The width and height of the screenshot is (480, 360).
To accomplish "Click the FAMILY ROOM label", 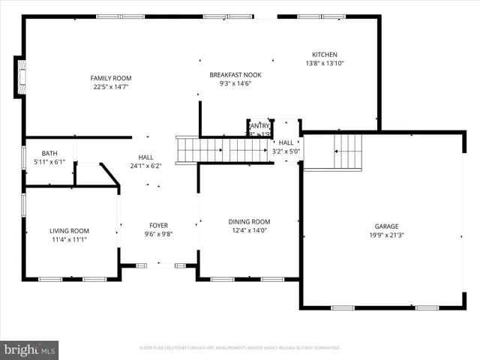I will [x=111, y=78].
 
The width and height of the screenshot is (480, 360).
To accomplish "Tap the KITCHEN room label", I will [x=325, y=55].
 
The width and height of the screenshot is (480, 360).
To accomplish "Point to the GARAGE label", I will [x=386, y=226].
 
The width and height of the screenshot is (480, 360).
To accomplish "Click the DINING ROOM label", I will [x=249, y=222].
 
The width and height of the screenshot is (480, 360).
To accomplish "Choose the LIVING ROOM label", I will [x=70, y=231].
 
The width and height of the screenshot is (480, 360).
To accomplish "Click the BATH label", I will [x=49, y=153].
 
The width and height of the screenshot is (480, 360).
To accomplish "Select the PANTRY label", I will [x=259, y=125].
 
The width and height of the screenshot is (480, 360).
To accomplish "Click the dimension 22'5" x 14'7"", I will [x=111, y=87].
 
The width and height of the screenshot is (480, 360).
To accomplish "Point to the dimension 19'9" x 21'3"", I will [x=386, y=235].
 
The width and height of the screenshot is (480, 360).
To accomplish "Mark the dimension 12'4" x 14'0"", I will [x=249, y=231].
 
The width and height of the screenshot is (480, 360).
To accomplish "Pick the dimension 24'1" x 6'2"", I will [x=145, y=166].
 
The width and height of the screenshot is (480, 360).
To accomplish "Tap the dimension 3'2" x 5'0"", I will [x=286, y=151].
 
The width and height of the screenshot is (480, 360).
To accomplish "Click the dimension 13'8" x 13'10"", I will [x=325, y=64].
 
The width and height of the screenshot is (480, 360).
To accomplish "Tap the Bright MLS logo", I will [x=30, y=349].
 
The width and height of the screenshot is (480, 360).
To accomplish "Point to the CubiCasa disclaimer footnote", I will [x=240, y=348].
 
